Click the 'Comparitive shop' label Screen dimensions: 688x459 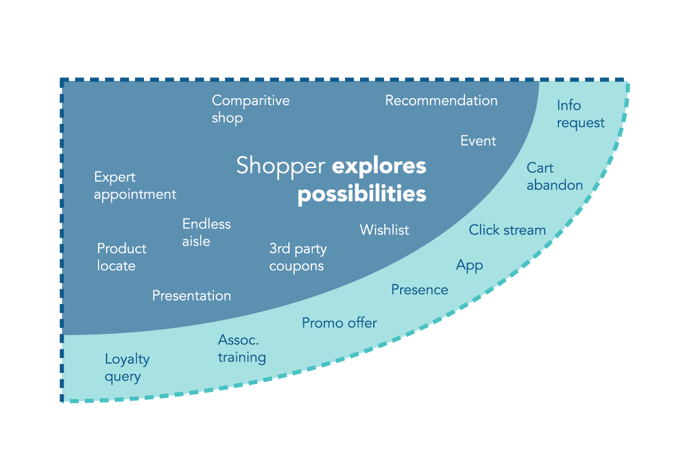coord(251,110)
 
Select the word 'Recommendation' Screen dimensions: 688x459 coord(441,100)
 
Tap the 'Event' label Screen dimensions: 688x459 coord(478,141)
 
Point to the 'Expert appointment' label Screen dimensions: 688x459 coord(135,186)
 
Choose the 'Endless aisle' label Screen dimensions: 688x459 coord(206,232)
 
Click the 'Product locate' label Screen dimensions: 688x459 coord(122,257)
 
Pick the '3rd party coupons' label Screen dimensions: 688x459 coord(298,258)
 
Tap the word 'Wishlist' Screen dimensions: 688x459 coord(384,229)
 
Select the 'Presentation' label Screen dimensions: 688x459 coord(191,295)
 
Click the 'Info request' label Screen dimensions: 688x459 coord(580,114)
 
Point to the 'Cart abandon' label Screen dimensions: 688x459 coord(555,177)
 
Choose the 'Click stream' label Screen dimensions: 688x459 coord(507,230)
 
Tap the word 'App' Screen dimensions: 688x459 coord(470,266)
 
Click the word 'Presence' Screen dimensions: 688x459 coord(420,290)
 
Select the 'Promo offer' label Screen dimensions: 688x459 coord(339,323)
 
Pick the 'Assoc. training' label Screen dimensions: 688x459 coord(242,349)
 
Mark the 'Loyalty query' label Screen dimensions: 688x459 coord(127,368)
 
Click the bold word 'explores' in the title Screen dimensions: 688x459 coord(379,167)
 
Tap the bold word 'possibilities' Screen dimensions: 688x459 coord(362,194)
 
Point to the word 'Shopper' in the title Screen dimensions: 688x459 coord(281,166)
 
